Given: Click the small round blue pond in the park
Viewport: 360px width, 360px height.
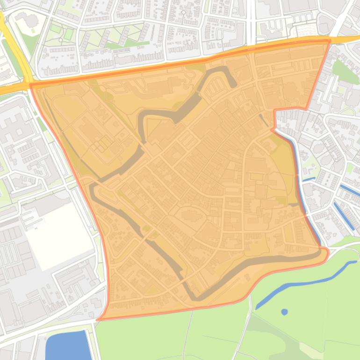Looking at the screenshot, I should click(x=284, y=311).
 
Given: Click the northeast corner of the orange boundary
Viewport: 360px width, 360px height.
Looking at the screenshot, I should click(x=330, y=41).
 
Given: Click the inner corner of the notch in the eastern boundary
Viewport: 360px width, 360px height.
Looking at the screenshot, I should click(x=274, y=111).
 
